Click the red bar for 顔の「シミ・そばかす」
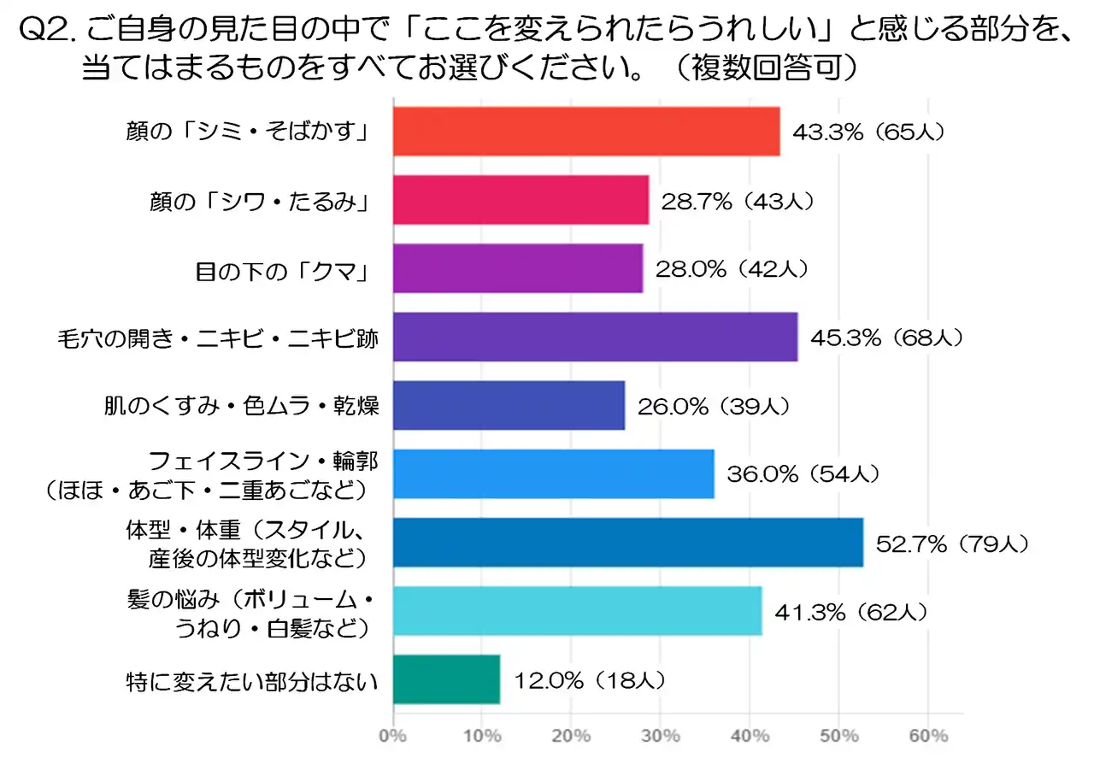tap(586, 132)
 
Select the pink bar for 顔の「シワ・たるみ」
tap(521, 200)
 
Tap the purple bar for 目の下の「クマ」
tap(518, 268)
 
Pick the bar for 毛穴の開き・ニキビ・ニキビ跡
tap(595, 337)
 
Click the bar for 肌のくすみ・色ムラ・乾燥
tap(509, 405)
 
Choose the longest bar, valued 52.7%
tap(628, 542)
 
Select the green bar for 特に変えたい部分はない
tap(446, 679)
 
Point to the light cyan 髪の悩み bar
tap(577, 610)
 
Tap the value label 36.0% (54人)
tap(802, 473)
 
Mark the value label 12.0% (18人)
tap(588, 679)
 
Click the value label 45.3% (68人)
tap(885, 338)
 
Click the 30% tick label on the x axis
tap(661, 736)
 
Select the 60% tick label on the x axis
tap(928, 736)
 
